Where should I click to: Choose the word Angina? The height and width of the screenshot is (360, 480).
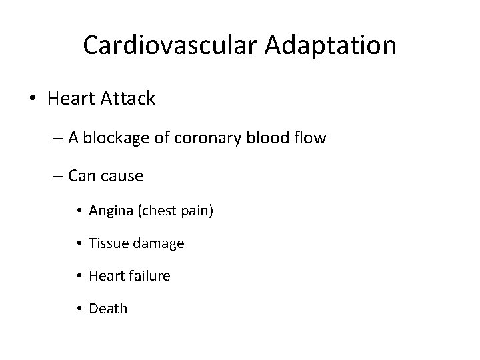111,212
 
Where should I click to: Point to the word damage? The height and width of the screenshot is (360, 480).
159,244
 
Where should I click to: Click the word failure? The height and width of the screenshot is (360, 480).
148,275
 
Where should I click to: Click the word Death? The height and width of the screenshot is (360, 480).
108,308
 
